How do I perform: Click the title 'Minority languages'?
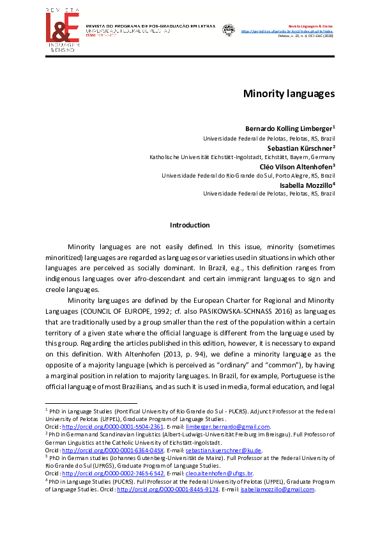[x=289, y=93]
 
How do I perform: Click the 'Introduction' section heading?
[x=190, y=225]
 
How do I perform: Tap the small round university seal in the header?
[x=227, y=29]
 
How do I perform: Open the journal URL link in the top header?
[x=296, y=30]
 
